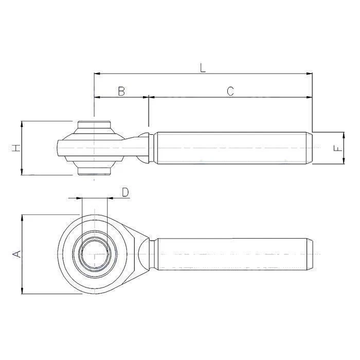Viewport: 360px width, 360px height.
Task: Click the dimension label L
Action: point(203,67)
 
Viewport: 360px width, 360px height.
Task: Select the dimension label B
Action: point(121,91)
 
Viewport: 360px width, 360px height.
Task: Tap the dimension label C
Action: point(230,91)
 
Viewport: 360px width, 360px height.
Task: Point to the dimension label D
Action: point(125,192)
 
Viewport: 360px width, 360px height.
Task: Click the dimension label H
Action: point(16,148)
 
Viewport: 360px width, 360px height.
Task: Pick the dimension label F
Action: point(337,148)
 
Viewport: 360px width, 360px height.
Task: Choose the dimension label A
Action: point(16,254)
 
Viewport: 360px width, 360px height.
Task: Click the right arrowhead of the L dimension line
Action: point(310,74)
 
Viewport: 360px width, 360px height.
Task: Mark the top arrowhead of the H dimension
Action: point(22,124)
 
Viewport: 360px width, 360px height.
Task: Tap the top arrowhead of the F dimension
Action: point(344,135)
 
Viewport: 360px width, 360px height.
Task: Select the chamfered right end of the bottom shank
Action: point(310,254)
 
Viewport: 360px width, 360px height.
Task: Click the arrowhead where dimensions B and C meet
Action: point(149,96)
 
